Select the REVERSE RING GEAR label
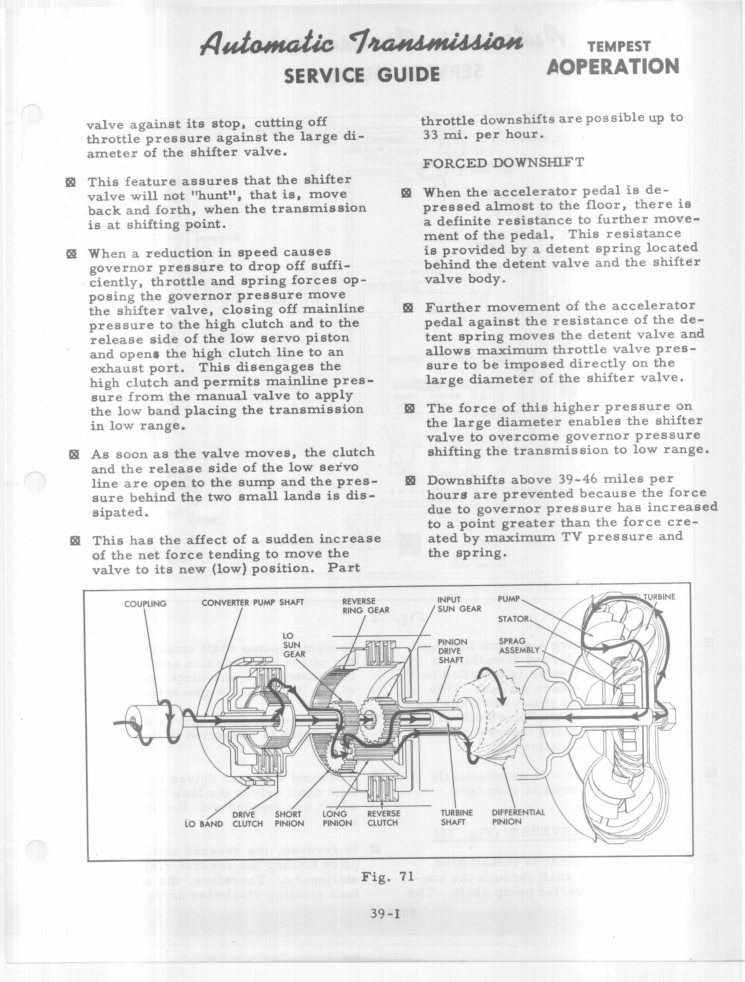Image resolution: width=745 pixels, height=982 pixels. point(365,606)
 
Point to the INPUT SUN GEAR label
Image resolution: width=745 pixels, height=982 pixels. point(458,604)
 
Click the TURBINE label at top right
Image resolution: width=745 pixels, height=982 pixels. point(659,597)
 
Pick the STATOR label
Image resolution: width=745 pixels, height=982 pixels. point(513,619)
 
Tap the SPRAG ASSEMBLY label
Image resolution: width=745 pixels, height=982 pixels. point(518,645)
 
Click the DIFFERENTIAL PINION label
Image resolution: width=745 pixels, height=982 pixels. point(518,817)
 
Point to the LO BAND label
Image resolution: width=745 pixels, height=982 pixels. point(204,824)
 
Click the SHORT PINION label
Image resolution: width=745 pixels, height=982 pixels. point(288,819)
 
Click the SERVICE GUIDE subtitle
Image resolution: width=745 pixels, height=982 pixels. point(362,75)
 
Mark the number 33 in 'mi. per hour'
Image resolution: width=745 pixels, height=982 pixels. point(430,134)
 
